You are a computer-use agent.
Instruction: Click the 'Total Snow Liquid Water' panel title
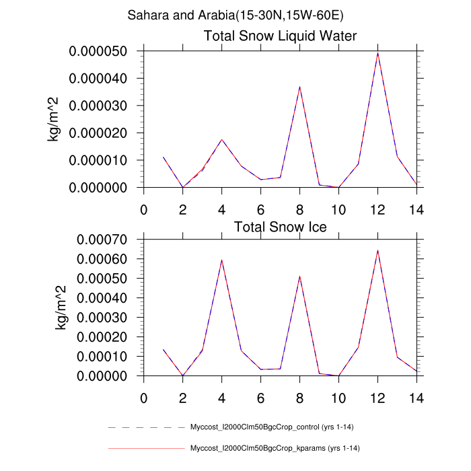[x=280, y=36]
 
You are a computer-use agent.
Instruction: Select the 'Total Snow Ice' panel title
[x=280, y=227]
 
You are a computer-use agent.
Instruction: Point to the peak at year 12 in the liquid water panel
[x=377, y=53]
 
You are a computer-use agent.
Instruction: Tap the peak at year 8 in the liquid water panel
[x=299, y=87]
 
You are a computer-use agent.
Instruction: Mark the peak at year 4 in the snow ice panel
[x=221, y=260]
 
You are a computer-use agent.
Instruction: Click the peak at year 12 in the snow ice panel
[x=377, y=251]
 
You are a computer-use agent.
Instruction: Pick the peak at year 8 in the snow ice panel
[x=299, y=277]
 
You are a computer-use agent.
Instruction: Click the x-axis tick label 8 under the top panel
[x=299, y=209]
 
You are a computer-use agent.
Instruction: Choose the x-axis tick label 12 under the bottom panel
[x=377, y=398]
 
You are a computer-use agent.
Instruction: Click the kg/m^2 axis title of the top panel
[x=52, y=119]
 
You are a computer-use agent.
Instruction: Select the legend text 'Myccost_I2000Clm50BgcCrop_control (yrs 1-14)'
[x=275, y=427]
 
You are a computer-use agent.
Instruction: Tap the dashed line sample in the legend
[x=146, y=427]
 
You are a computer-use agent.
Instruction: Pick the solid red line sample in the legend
[x=146, y=448]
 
